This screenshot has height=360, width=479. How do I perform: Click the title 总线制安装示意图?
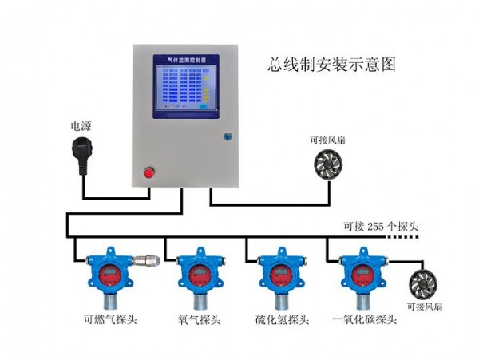coord(331,64)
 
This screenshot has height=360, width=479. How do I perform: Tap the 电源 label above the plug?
coord(81,126)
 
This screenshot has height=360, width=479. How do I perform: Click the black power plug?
coord(81,147)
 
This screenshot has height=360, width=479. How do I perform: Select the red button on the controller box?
coord(148,172)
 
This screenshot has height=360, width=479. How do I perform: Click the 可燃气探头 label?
coord(110,321)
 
